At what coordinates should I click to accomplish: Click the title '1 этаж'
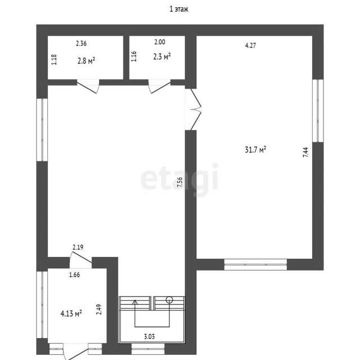pyautogui.click(x=179, y=9)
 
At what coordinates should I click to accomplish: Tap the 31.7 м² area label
pyautogui.click(x=255, y=150)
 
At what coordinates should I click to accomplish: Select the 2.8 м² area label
pyautogui.click(x=86, y=61)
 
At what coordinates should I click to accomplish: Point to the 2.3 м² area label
pyautogui.click(x=162, y=56)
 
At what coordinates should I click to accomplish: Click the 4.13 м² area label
pyautogui.click(x=71, y=313)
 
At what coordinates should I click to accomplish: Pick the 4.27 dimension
pyautogui.click(x=250, y=46)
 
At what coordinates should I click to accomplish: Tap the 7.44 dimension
pyautogui.click(x=306, y=152)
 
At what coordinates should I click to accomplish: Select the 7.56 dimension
pyautogui.click(x=180, y=182)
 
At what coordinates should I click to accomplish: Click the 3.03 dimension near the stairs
pyautogui.click(x=149, y=336)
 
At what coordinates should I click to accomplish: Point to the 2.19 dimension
pyautogui.click(x=78, y=247)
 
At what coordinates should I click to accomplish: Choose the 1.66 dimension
pyautogui.click(x=75, y=274)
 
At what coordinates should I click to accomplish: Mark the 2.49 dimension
pyautogui.click(x=99, y=309)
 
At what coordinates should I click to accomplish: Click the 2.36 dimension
pyautogui.click(x=81, y=43)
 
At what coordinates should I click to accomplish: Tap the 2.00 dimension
pyautogui.click(x=160, y=42)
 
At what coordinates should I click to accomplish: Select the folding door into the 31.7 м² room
pyautogui.click(x=196, y=110)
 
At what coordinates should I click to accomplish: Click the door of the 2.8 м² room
pyautogui.click(x=88, y=86)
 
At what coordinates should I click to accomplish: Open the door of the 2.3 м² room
pyautogui.click(x=159, y=86)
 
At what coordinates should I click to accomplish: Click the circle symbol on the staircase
pyautogui.click(x=169, y=300)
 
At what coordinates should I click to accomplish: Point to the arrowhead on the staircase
pyautogui.click(x=135, y=302)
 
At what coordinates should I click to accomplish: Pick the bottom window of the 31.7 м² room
pyautogui.click(x=255, y=264)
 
